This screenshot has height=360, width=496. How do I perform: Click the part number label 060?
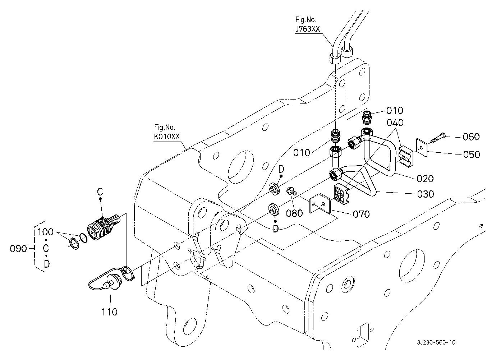(x=471, y=137)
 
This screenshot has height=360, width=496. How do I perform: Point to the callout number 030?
(x=426, y=194)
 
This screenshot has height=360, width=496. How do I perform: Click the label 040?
(x=395, y=123)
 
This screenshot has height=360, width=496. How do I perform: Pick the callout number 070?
(x=361, y=214)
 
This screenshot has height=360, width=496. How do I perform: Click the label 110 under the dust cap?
(x=109, y=312)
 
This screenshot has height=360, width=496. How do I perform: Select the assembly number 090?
(x=19, y=249)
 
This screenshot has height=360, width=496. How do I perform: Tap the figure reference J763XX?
(x=307, y=29)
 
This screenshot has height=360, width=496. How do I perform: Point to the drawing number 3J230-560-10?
(x=436, y=342)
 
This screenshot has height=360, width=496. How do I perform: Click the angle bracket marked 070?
(x=321, y=205)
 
